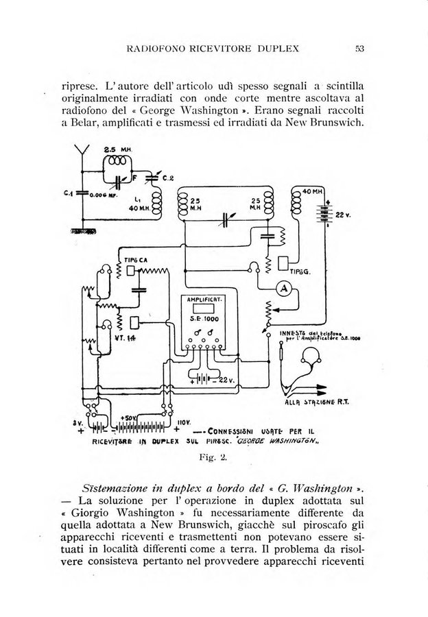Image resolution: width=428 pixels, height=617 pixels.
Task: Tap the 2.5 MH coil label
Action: pos(113,150)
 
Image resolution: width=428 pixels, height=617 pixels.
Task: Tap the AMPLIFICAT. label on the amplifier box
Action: pos(204,300)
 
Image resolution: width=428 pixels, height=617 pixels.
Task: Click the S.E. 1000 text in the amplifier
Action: pos(204,327)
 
